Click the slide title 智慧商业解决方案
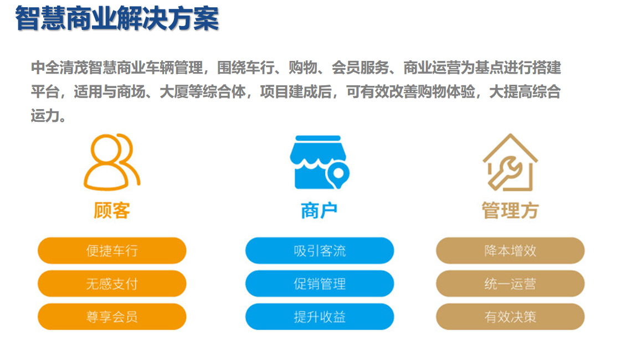tap(117, 18)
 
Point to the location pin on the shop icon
tap(338, 174)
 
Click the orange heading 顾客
tap(112, 210)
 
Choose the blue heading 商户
tap(319, 210)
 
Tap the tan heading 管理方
tap(510, 210)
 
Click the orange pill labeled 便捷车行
tap(112, 250)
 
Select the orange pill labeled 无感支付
tap(112, 284)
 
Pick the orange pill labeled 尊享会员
tap(112, 317)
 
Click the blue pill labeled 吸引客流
tap(320, 250)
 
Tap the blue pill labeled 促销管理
tap(320, 284)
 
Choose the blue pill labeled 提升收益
tap(320, 317)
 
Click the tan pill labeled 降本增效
tap(510, 250)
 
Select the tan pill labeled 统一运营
tap(510, 284)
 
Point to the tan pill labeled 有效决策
tap(510, 317)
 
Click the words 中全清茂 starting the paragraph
tap(59, 68)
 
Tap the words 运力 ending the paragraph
tap(45, 115)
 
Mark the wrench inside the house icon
tap(505, 172)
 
